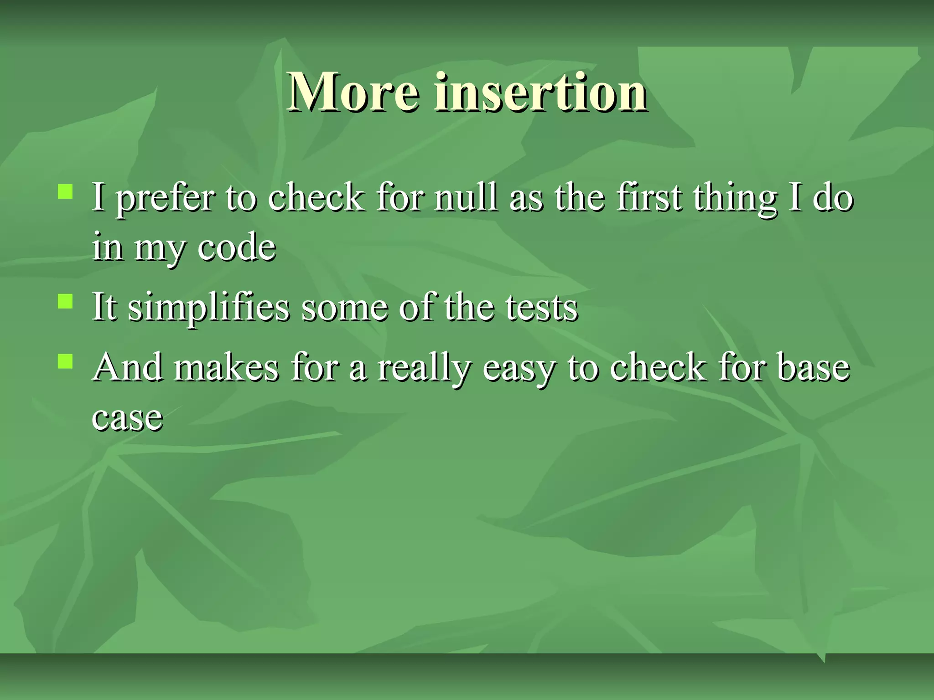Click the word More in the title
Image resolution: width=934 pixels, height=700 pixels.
[353, 92]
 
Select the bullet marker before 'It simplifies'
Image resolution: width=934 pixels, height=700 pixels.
[65, 301]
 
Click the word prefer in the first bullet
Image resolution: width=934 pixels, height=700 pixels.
[166, 199]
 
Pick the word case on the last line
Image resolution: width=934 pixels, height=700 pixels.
[127, 417]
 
